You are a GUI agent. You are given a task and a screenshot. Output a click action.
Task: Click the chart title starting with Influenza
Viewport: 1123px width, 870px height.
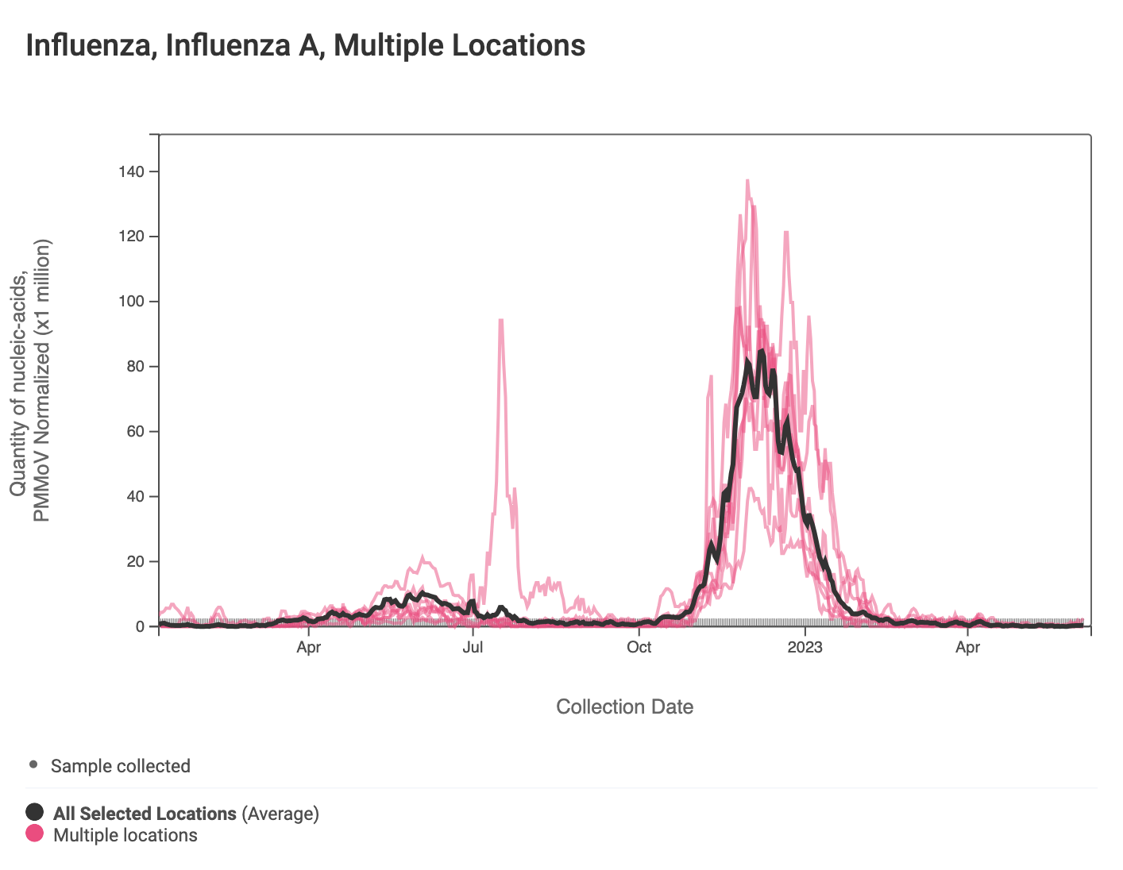coord(306,45)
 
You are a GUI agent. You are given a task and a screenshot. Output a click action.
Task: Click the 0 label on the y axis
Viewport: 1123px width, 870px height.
coord(141,627)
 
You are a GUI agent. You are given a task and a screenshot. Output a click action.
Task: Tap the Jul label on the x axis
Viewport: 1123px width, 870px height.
coord(473,647)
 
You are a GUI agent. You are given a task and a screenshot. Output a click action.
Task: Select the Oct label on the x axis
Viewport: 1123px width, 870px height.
coord(639,647)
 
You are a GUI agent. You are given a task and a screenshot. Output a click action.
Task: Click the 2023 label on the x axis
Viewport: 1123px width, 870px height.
coord(805,647)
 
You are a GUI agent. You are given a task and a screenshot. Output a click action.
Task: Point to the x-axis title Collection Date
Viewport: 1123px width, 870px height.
coord(624,706)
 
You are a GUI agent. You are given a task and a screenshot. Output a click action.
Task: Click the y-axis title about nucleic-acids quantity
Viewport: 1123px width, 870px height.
coord(29,381)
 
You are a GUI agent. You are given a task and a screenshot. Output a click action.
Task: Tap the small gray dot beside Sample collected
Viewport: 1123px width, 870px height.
coord(33,765)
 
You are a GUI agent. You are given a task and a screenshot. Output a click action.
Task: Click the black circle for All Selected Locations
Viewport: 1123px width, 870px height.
coord(34,812)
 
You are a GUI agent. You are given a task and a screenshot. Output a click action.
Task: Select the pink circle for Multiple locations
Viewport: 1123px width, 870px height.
coord(34,833)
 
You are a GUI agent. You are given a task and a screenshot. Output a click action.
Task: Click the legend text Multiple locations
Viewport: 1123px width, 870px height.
coord(125,835)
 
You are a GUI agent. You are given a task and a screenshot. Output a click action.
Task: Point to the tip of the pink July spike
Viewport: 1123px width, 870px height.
coord(500,320)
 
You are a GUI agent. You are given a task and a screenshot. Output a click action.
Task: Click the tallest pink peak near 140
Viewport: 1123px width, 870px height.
coord(747,181)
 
